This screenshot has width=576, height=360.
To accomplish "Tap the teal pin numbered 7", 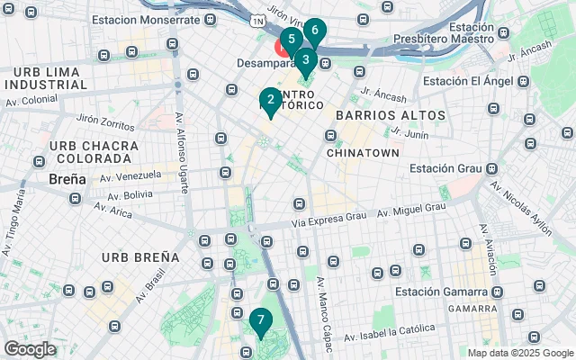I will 259,319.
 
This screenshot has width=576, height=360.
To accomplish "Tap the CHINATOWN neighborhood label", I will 363,153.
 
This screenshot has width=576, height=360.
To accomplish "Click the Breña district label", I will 67,178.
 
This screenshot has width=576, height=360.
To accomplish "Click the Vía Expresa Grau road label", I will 331,218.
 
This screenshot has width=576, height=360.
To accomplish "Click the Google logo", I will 31,348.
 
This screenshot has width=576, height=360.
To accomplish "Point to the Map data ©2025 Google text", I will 519,354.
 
